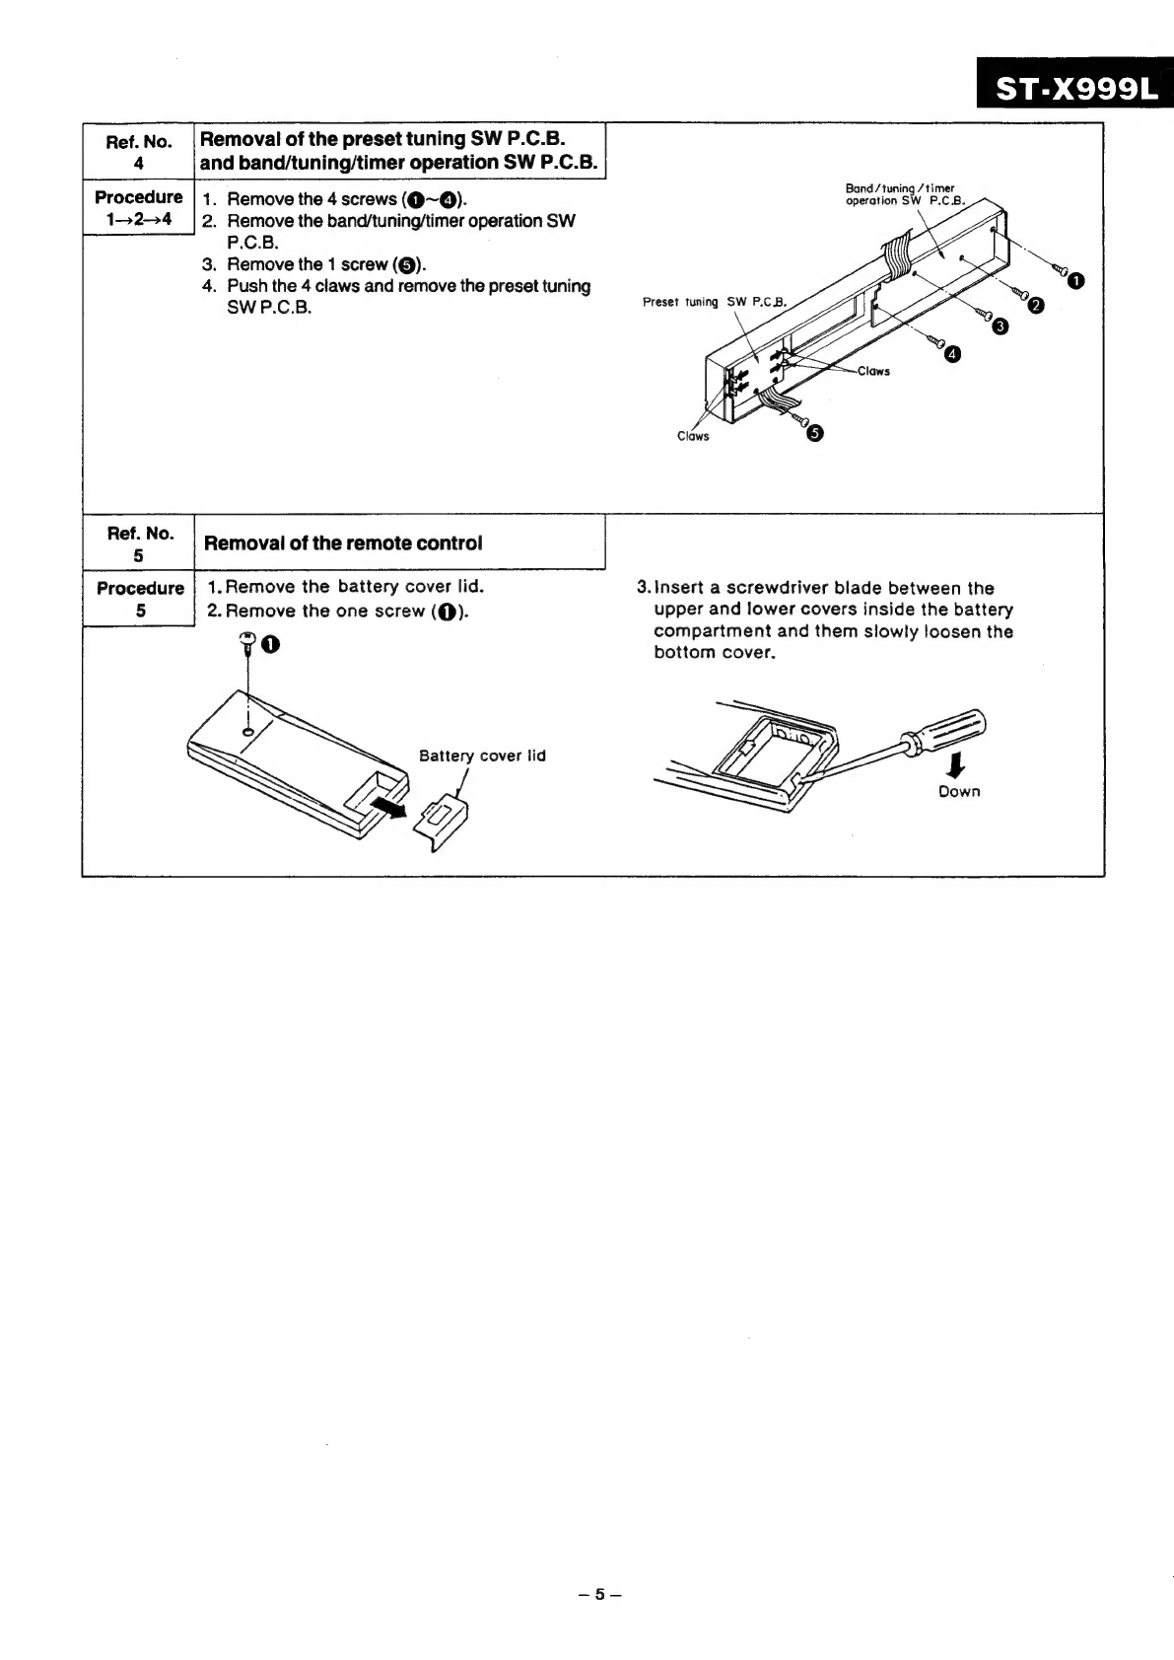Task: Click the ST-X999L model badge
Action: [x=1073, y=88]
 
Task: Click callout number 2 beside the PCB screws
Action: [x=1034, y=306]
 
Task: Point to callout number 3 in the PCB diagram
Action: [x=1000, y=326]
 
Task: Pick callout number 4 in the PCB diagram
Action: [x=951, y=354]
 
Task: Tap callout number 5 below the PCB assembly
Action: [x=813, y=432]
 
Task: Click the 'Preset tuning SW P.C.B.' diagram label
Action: [x=715, y=302]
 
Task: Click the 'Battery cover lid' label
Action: [x=482, y=756]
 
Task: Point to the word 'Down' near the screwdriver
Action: [x=959, y=791]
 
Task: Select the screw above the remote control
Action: [x=247, y=645]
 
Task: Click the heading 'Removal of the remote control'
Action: [x=342, y=543]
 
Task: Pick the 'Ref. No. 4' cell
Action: [x=138, y=152]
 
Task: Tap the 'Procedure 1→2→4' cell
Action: [x=138, y=207]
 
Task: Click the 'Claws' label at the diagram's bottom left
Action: [x=693, y=436]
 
